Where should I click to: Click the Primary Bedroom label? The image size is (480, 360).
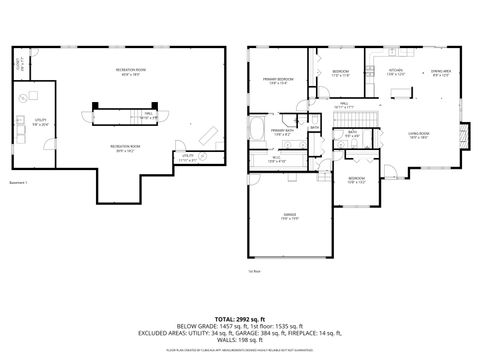tap(278, 80)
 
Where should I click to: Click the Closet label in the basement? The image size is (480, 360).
tap(19, 66)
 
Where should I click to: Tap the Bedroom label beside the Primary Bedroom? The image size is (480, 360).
tap(340, 72)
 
